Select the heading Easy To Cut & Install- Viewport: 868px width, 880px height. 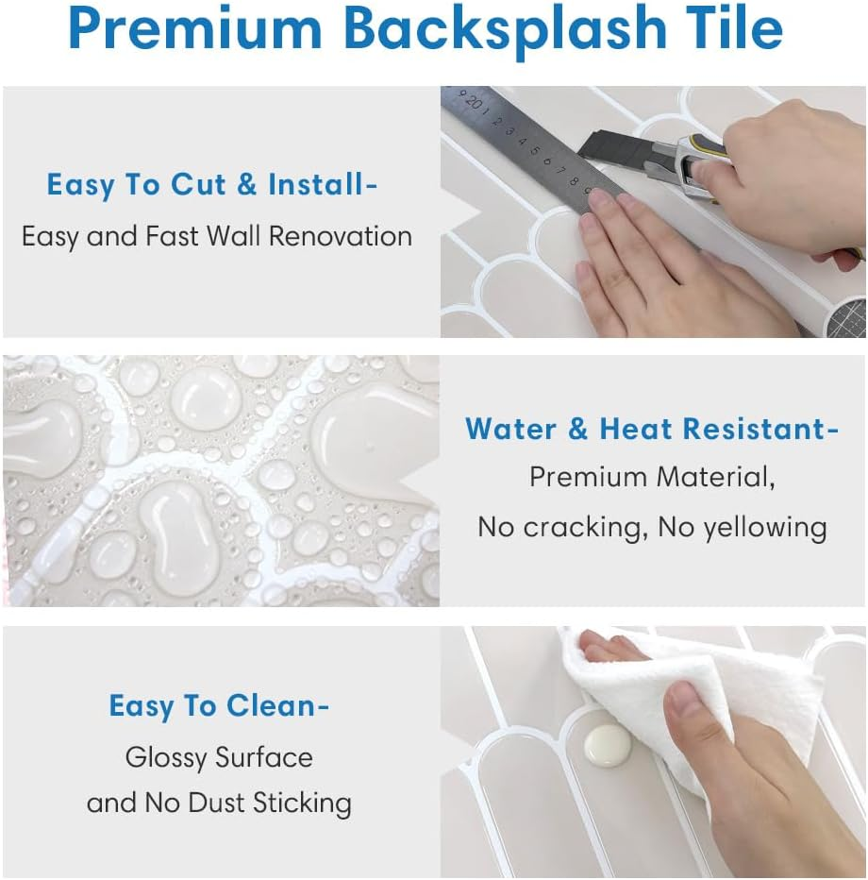212,184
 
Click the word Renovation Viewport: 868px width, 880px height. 341,236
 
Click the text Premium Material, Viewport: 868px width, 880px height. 652,477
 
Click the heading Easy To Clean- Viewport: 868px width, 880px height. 219,705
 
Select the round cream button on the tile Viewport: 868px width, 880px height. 608,745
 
